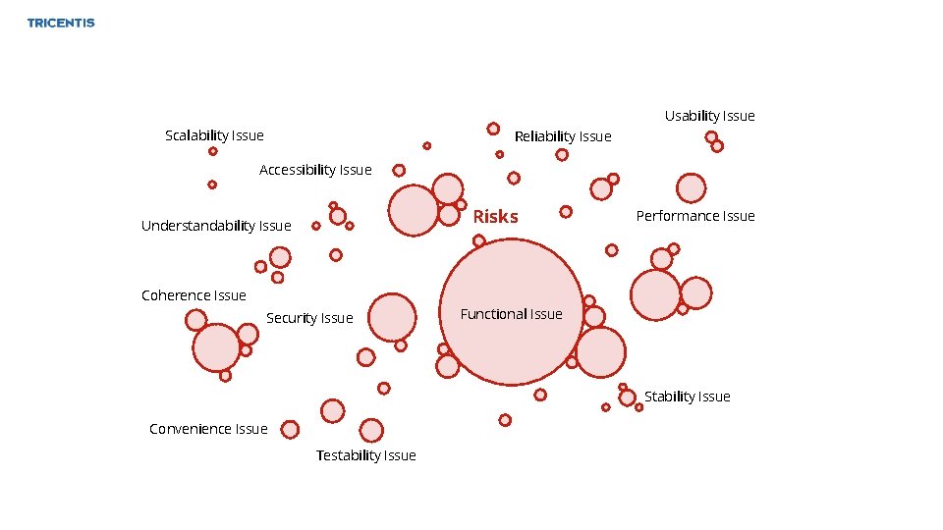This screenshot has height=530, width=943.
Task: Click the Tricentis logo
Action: point(61,23)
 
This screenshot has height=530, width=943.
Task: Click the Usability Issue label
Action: point(709,116)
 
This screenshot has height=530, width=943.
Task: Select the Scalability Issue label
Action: point(214,135)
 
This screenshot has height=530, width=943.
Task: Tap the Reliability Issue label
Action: point(563,136)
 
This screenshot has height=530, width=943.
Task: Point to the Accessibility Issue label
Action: point(315,170)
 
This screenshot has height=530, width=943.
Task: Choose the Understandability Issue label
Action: point(216,226)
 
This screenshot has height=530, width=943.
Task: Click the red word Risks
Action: point(496,217)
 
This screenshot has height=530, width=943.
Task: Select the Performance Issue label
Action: point(695,216)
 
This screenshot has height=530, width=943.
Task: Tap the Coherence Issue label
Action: point(194,295)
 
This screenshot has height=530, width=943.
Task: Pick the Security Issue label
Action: point(309,318)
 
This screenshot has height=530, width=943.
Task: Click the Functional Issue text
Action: point(511,314)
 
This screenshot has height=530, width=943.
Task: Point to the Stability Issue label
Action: point(688,397)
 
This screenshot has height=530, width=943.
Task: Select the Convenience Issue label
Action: point(208,429)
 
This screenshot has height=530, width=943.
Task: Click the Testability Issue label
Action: point(365,455)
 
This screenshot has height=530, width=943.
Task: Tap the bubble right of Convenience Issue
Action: point(289,429)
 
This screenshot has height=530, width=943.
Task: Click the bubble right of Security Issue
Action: point(392,317)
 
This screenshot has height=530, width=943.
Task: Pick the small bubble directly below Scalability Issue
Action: point(212,152)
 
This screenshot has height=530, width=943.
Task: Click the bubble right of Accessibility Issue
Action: point(399,170)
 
